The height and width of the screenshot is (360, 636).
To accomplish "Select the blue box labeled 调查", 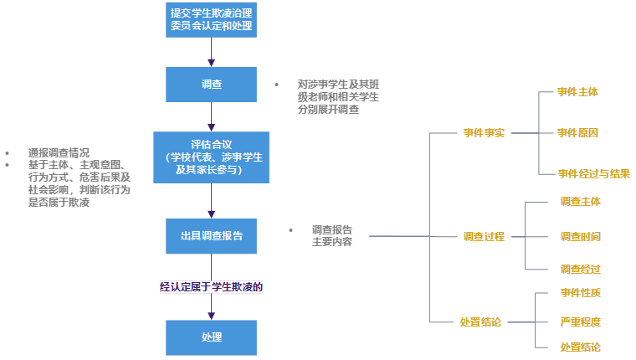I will tap(212, 84).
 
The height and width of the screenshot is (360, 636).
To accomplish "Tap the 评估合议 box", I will tap(212, 157).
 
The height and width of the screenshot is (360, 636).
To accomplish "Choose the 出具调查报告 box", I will tap(212, 236).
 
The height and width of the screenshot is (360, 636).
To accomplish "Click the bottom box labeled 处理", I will tap(212, 337).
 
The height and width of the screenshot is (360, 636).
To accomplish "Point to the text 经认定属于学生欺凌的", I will tap(212, 286).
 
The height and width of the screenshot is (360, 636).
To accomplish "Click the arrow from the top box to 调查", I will tap(212, 52).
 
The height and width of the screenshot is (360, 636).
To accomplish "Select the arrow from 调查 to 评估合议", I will tap(212, 116).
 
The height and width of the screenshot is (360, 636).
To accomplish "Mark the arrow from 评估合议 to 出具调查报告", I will tap(212, 201).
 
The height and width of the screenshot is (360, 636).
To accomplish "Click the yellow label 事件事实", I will tap(485, 132).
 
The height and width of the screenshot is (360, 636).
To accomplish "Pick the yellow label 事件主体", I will tap(579, 91).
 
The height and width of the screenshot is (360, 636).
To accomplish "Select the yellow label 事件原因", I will tap(579, 132).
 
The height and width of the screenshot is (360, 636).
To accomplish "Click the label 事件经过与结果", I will tap(595, 174).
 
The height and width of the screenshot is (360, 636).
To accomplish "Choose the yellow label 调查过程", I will tap(485, 236).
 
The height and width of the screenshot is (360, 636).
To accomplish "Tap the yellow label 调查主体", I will tap(581, 201).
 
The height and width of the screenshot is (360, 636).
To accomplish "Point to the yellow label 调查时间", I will tap(581, 236).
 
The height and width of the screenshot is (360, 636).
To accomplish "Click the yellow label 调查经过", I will tap(581, 270).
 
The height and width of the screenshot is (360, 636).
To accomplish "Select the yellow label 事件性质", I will tap(581, 293).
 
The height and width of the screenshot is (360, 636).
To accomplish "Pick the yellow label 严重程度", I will tap(581, 321).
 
